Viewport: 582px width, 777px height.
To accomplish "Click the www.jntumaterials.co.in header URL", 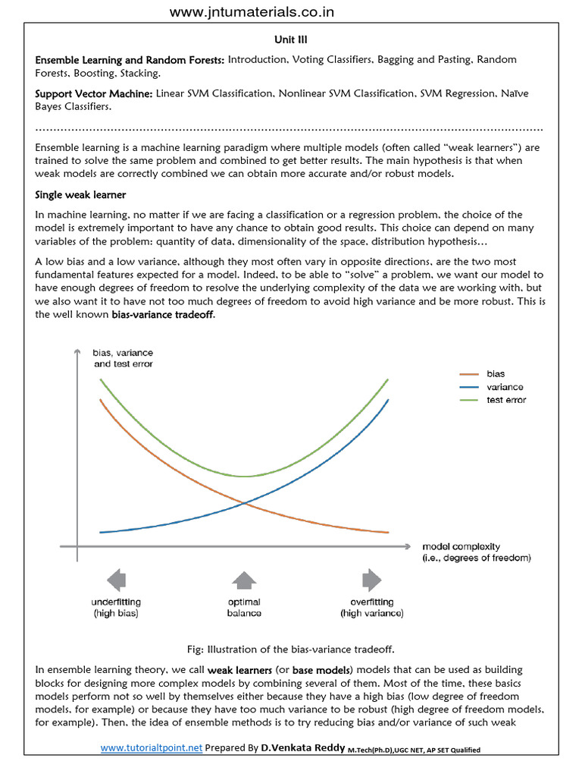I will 251,11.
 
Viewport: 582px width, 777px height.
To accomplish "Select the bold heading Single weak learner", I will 80,195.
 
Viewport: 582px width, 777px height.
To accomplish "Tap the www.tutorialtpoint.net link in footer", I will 152,747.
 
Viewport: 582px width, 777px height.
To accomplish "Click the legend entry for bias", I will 496,374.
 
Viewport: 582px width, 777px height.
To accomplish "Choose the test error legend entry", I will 505,400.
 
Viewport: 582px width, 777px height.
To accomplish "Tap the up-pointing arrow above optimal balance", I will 244,580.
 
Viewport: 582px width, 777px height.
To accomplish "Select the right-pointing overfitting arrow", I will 371,580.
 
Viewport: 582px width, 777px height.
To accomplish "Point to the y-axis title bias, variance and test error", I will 123,358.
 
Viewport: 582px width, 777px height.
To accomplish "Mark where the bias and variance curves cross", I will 242,502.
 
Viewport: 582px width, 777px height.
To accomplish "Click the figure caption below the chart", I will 290,649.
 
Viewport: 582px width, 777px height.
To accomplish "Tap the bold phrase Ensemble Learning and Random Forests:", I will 130,59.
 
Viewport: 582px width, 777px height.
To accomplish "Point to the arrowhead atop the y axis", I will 76,351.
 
